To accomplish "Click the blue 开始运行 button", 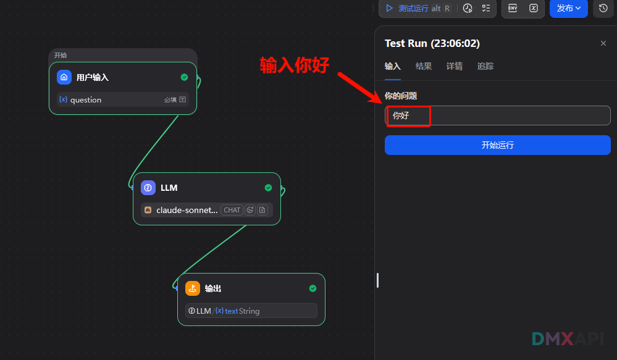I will (497, 145).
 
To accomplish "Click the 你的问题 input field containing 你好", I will (497, 115).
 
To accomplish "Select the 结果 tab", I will (424, 66).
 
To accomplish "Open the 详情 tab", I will (455, 66).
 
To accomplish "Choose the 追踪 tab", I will (485, 66).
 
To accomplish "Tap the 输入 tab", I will (393, 66).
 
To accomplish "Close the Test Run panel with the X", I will (603, 43).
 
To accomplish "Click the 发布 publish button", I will (568, 8).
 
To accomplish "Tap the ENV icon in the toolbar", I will (513, 8).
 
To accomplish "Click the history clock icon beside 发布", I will (603, 8).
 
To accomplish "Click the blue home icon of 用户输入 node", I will (64, 77).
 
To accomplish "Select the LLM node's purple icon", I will (148, 188).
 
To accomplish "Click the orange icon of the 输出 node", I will (193, 288).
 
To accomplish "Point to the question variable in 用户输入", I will (85, 99).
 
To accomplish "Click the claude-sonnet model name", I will (187, 210).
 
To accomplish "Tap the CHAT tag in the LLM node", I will (232, 210).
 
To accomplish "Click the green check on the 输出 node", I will (313, 288).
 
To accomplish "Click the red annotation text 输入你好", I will (295, 65).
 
